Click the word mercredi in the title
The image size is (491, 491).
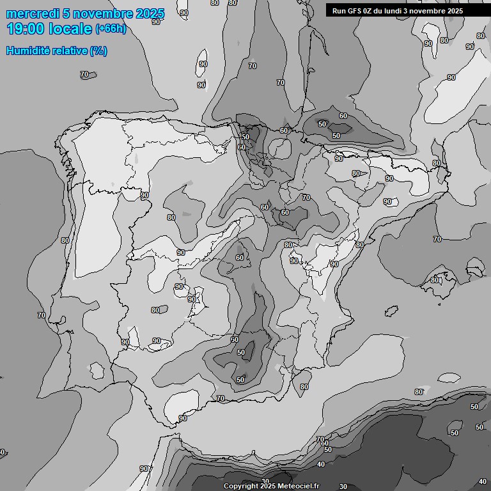tap(31, 13)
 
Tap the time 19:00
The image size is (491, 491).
tap(26, 29)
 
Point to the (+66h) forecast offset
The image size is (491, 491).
tap(111, 29)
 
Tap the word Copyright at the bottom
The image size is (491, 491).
tap(240, 487)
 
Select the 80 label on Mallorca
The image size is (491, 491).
tap(435, 280)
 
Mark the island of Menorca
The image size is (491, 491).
tap(474, 263)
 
